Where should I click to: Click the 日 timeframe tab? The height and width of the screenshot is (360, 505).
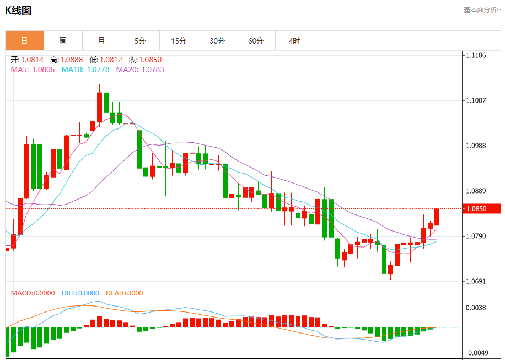[24, 41]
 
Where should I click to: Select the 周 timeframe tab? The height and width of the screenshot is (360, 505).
[63, 41]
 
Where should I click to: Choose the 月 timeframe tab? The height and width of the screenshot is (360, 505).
[101, 41]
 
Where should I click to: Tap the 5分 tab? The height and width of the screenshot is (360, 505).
[140, 41]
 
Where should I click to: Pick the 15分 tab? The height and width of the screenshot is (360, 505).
[179, 41]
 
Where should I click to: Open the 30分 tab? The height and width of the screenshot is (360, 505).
[217, 41]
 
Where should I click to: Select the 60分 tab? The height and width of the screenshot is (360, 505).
[256, 41]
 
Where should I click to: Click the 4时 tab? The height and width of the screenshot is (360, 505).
[294, 41]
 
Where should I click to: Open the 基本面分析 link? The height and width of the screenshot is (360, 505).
[481, 9]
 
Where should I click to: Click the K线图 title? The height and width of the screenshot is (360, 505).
[18, 10]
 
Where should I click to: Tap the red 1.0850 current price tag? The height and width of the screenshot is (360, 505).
[481, 209]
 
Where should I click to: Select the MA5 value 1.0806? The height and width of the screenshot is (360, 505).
[44, 69]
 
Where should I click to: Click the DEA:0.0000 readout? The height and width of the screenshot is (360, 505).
[125, 293]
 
